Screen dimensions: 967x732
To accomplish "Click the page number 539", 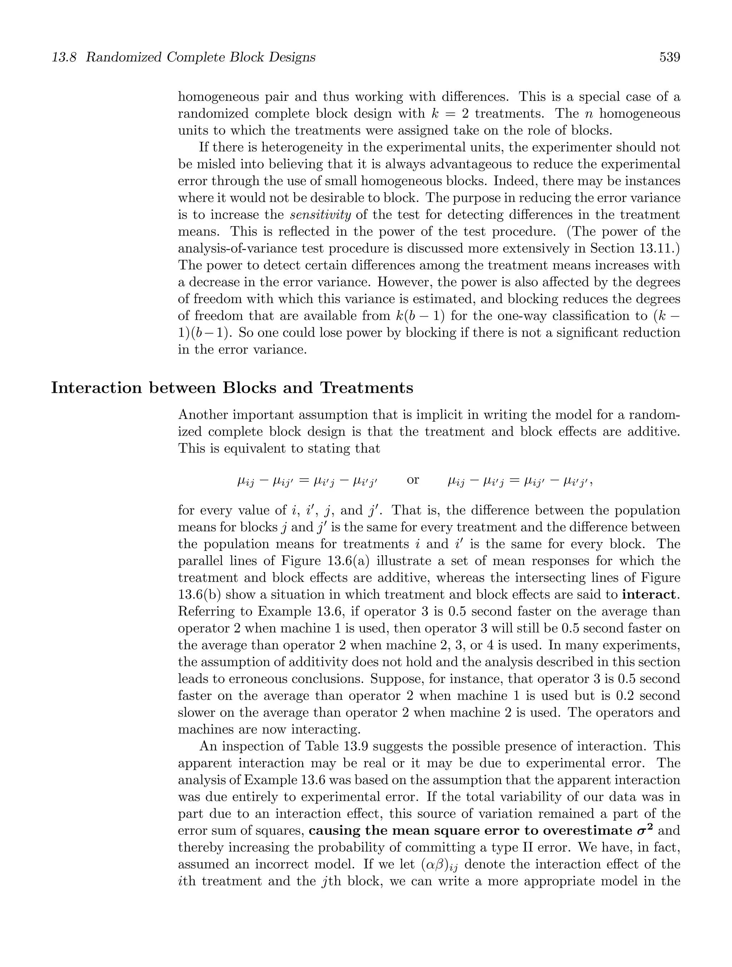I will click(x=669, y=57).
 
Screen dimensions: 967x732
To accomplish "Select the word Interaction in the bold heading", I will click(x=96, y=388).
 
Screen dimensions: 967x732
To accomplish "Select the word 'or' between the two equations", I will click(x=413, y=480).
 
